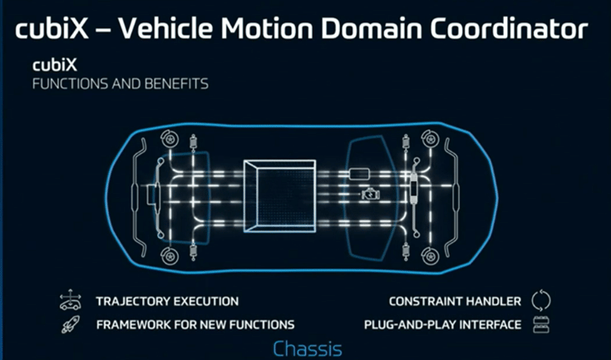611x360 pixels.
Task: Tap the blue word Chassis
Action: [x=307, y=347]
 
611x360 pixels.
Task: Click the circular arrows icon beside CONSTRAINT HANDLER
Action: [x=541, y=301]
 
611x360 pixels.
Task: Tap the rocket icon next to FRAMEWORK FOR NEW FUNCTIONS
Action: [x=69, y=324]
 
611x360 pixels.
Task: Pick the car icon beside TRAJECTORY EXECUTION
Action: [x=69, y=301]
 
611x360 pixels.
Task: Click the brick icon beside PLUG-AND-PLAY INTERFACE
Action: [x=541, y=324]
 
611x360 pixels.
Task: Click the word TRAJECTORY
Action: [x=132, y=301]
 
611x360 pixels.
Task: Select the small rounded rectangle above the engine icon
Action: [x=359, y=175]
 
